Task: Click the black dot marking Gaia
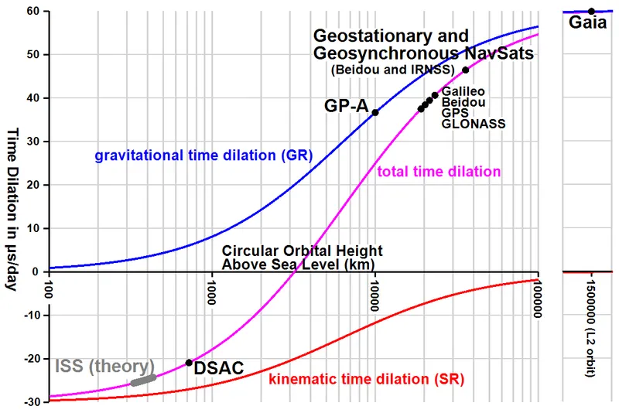point(591,11)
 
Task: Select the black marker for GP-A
point(375,112)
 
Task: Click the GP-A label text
point(346,106)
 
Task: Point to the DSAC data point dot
point(189,362)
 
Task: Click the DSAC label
point(217,370)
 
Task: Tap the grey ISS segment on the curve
point(143,380)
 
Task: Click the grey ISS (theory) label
point(105,365)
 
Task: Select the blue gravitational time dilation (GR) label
point(203,155)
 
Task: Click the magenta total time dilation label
point(438,172)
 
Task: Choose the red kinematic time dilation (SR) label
point(371,380)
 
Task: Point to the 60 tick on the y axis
point(32,12)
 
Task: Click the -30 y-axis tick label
point(31,402)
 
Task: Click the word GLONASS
point(474,123)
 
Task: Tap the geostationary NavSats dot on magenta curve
point(465,70)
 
